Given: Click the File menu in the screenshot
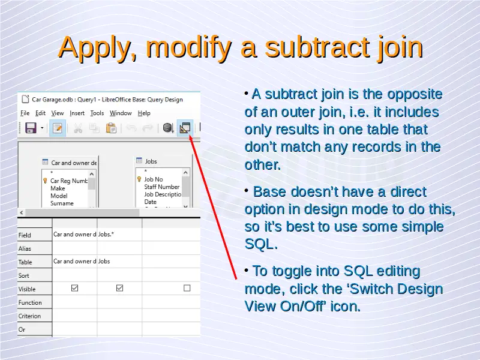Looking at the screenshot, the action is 25,113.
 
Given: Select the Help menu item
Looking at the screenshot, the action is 144,113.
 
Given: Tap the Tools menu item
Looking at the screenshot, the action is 97,113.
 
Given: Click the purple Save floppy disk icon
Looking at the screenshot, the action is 31,128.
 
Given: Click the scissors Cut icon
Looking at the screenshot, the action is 78,128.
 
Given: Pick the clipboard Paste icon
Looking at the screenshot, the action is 111,128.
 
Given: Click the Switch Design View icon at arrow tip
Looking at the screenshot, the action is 185,128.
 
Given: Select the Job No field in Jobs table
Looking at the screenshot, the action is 154,179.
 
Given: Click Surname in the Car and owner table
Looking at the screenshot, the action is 62,203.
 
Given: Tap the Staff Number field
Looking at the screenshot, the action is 161,187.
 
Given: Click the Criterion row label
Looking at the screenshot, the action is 29,316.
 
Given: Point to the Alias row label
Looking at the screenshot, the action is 25,248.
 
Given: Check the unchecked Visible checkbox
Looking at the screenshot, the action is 187,288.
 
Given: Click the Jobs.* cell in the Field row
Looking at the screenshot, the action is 106,235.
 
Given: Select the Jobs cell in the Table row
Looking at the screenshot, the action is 104,262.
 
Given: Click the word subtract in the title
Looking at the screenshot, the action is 317,47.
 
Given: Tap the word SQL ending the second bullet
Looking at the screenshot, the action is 261,244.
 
